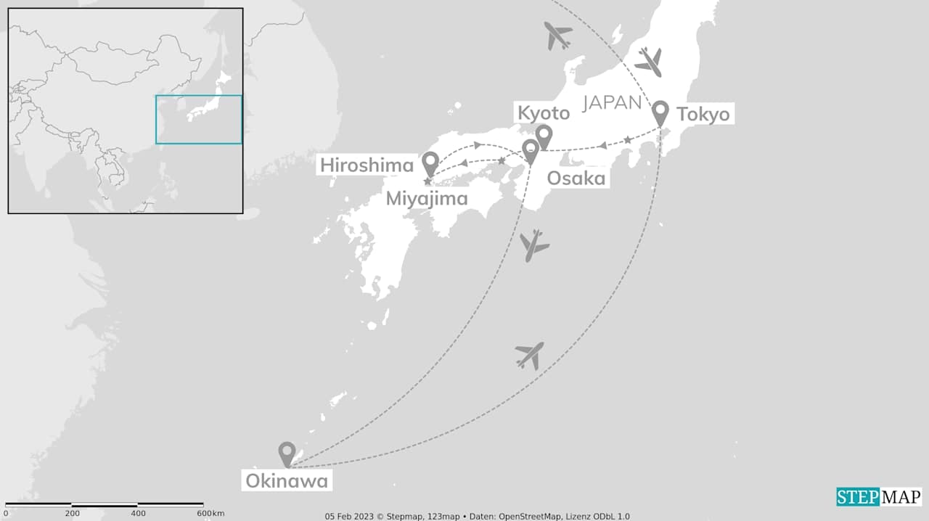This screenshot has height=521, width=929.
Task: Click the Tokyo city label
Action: [703, 114]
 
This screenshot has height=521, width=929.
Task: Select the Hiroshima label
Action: [367, 165]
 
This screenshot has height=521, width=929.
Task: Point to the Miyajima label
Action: [427, 197]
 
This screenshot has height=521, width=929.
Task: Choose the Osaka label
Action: [576, 178]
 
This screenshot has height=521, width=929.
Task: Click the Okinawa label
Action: [287, 480]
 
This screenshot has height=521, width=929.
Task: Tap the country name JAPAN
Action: [612, 103]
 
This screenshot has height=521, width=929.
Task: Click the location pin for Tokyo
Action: [660, 112]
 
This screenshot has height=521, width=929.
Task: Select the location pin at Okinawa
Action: [287, 454]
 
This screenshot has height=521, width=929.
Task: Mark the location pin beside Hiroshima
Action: [431, 163]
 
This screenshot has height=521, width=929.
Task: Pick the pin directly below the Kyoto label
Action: [543, 136]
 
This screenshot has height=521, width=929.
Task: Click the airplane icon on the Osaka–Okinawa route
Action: [534, 245]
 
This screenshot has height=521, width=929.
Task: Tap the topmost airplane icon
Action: [558, 35]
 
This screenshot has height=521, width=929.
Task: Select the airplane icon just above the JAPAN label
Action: [649, 62]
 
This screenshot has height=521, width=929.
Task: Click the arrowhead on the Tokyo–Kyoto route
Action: [602, 146]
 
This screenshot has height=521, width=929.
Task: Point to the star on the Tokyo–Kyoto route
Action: [628, 140]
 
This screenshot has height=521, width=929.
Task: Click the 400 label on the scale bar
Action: [137, 514]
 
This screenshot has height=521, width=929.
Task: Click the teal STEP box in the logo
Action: [858, 497]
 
